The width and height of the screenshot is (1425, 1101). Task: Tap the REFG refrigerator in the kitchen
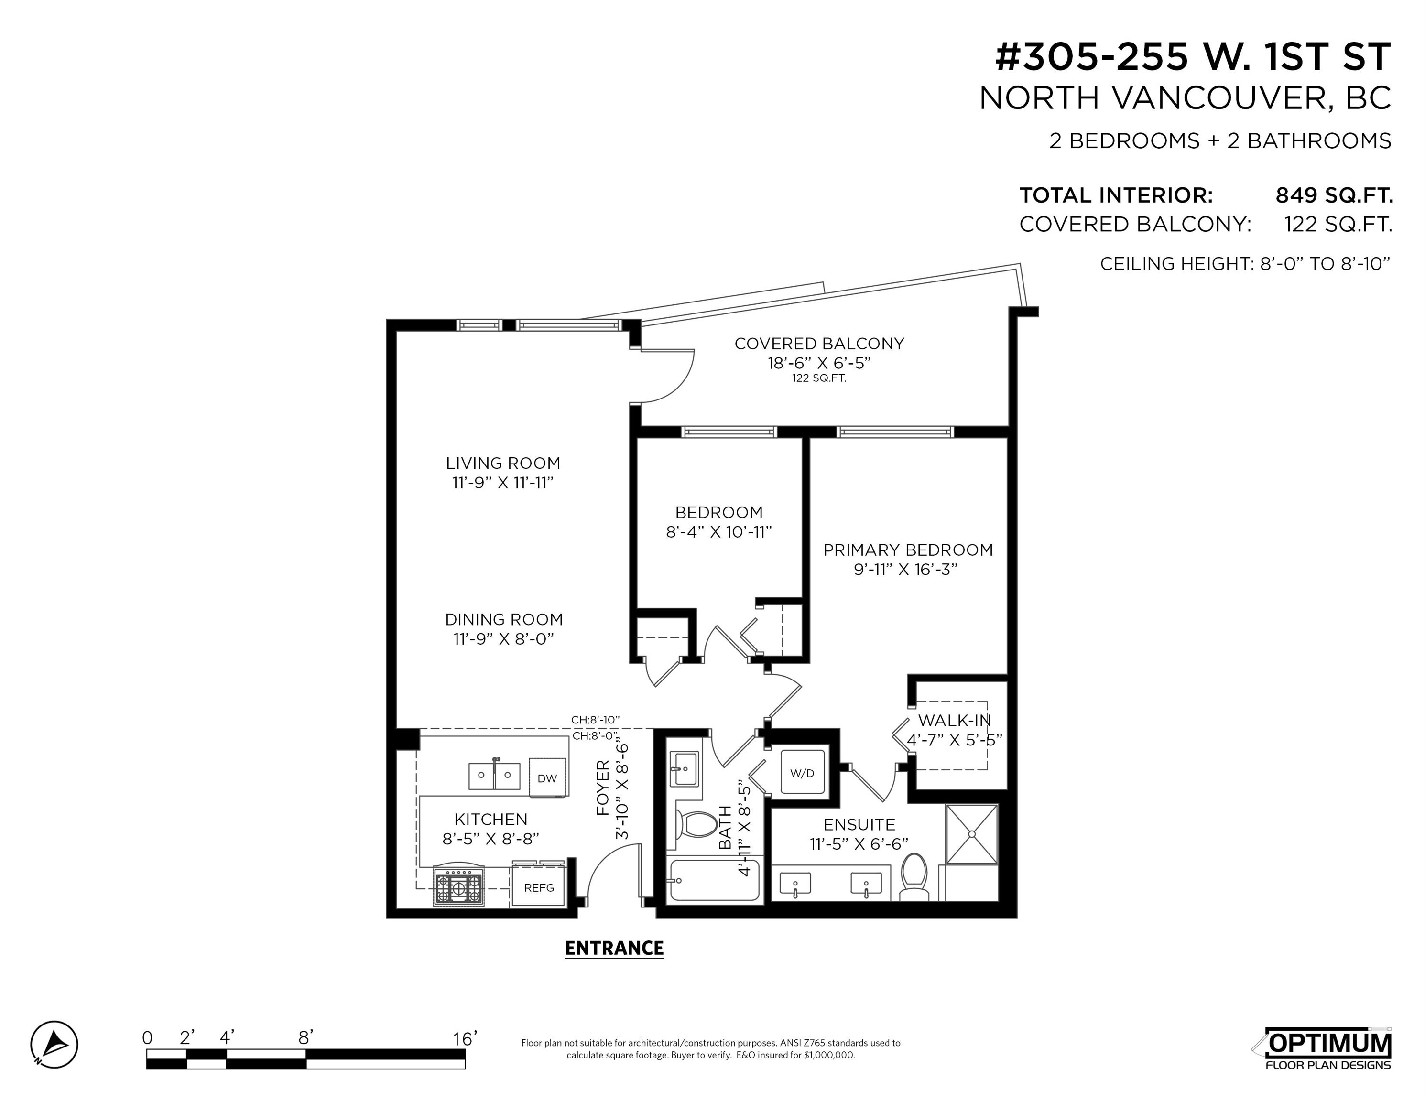click(539, 886)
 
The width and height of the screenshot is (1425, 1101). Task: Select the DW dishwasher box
click(547, 777)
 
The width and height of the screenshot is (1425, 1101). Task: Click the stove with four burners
click(459, 886)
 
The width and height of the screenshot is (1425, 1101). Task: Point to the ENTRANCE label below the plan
click(614, 949)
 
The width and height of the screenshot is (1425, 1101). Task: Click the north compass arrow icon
click(54, 1044)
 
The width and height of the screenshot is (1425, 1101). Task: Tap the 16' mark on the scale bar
click(465, 1038)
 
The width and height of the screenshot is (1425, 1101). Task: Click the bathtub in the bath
click(715, 881)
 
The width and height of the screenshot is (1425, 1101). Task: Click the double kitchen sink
click(494, 776)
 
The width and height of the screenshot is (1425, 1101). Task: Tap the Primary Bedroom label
click(908, 550)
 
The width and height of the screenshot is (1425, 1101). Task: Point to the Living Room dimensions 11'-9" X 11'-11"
click(503, 483)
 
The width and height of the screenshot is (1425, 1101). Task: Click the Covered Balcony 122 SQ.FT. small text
click(819, 378)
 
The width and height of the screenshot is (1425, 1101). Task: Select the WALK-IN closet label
click(955, 721)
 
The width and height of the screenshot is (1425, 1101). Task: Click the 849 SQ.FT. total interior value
click(1334, 195)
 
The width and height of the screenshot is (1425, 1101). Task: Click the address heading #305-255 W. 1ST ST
click(1193, 57)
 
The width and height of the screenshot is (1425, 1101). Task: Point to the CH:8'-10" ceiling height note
click(595, 720)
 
